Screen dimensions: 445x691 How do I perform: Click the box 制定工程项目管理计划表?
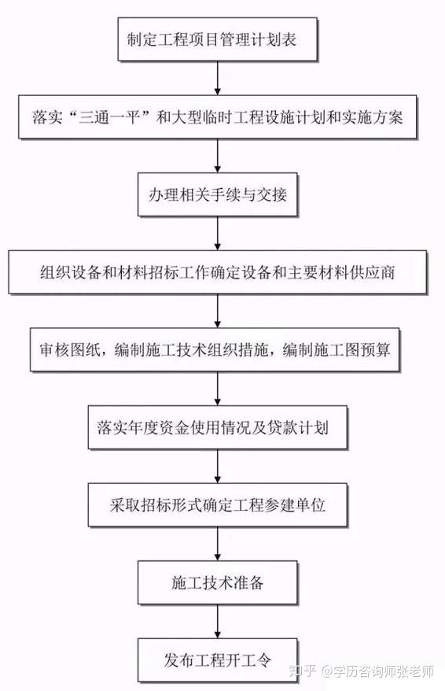(x=218, y=39)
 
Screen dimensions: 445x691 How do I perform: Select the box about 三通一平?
(x=218, y=116)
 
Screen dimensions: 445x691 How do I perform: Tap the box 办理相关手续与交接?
(x=218, y=194)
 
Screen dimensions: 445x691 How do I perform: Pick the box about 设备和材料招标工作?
(x=218, y=272)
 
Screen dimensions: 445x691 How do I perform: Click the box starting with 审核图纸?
(x=215, y=349)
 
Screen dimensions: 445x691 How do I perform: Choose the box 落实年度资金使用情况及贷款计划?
(x=218, y=427)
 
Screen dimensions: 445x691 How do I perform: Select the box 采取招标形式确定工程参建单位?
(x=218, y=504)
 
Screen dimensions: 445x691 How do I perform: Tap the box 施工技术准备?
(x=218, y=582)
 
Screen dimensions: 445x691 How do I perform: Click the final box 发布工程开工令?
(x=218, y=660)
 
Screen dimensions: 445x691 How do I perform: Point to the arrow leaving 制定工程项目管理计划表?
(x=218, y=78)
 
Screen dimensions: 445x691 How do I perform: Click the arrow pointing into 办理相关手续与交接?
(x=218, y=156)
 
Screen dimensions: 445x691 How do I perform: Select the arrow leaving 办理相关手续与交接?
(x=218, y=233)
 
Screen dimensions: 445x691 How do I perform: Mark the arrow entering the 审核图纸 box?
(x=218, y=311)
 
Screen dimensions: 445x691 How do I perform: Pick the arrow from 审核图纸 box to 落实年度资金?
(x=218, y=388)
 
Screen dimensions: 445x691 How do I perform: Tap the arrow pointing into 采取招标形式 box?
(x=218, y=466)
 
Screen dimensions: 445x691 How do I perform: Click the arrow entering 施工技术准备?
(x=218, y=543)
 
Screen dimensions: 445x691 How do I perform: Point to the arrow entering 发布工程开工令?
(x=218, y=621)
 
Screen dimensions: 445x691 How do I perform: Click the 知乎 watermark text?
(x=303, y=671)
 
